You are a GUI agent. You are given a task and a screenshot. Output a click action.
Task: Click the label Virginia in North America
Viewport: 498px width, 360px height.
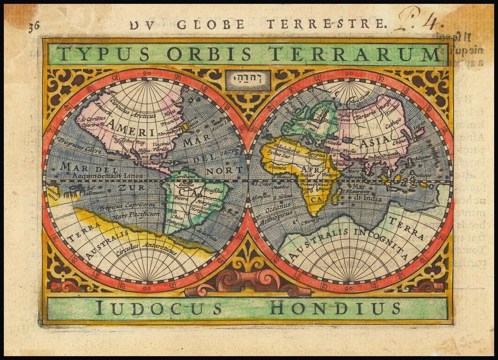pos(161,144)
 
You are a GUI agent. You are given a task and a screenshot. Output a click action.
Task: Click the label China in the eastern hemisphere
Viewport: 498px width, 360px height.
pos(399,142)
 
